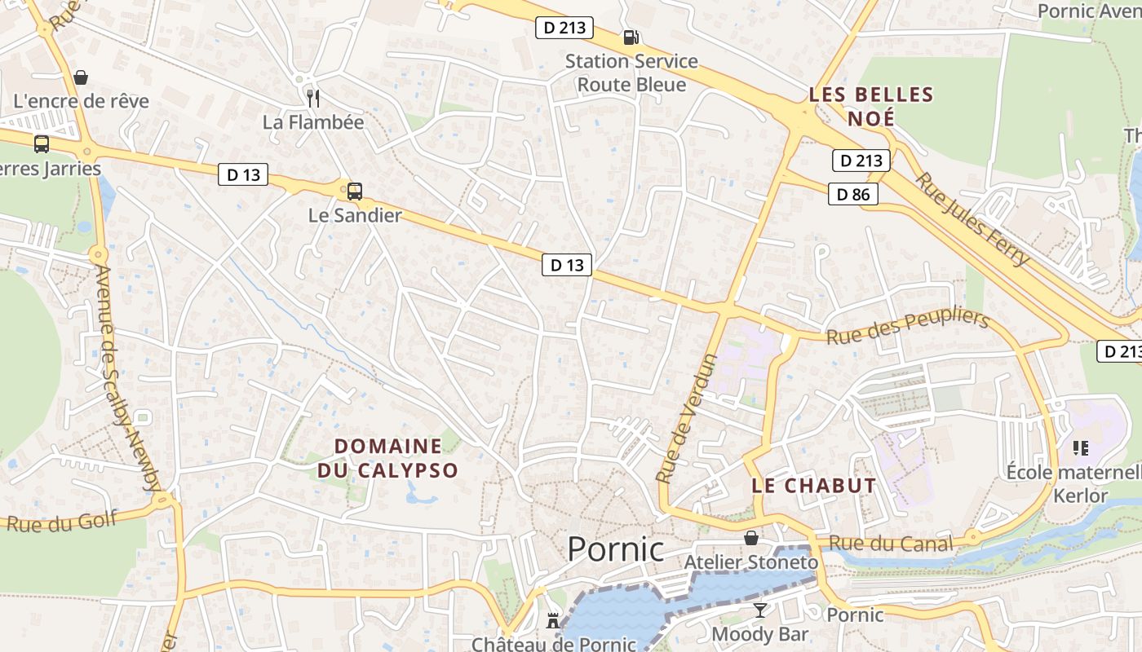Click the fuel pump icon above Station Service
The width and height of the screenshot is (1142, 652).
[631, 37]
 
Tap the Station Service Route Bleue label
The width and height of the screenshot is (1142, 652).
[631, 73]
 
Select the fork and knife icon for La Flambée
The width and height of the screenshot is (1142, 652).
[313, 99]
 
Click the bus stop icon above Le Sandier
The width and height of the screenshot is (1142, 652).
[354, 192]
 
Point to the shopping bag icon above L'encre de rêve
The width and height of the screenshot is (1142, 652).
[81, 77]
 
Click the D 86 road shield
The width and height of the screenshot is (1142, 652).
[854, 194]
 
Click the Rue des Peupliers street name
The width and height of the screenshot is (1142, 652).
[907, 327]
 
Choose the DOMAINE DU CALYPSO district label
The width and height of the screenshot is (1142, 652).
[388, 458]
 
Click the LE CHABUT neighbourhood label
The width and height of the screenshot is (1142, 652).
[813, 486]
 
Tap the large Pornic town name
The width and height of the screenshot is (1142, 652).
[616, 549]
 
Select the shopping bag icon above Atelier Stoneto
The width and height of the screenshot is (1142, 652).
[750, 538]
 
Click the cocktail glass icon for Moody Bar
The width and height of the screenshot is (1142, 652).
[760, 610]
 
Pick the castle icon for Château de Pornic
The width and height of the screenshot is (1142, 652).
[553, 621]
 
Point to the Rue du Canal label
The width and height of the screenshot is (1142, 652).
[891, 544]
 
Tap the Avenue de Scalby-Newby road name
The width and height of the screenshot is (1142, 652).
[128, 377]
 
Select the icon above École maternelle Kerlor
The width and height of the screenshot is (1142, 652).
[1081, 447]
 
